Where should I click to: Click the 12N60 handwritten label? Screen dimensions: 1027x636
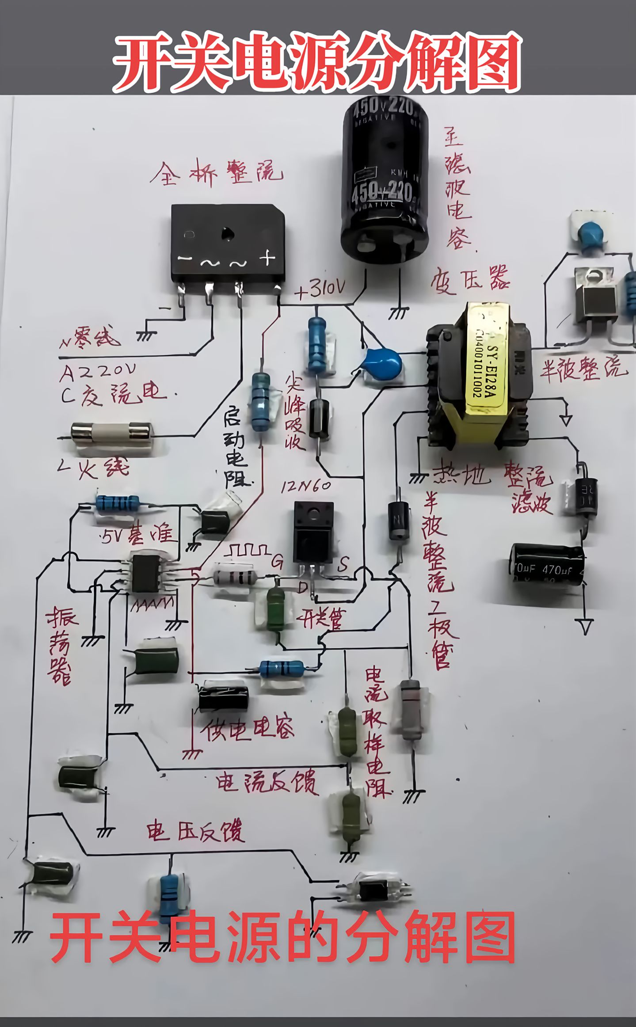tap(305, 487)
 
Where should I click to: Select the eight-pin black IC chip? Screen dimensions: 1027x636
tap(146, 574)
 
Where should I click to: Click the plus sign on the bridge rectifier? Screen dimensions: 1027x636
tap(267, 258)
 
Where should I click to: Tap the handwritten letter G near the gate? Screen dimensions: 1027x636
tap(277, 561)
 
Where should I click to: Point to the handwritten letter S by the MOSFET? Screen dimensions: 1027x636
tap(343, 563)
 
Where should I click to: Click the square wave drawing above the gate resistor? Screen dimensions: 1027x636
tap(248, 550)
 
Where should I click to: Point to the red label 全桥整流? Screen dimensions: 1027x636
tap(216, 173)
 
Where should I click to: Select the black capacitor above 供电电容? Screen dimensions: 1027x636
tap(223, 698)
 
